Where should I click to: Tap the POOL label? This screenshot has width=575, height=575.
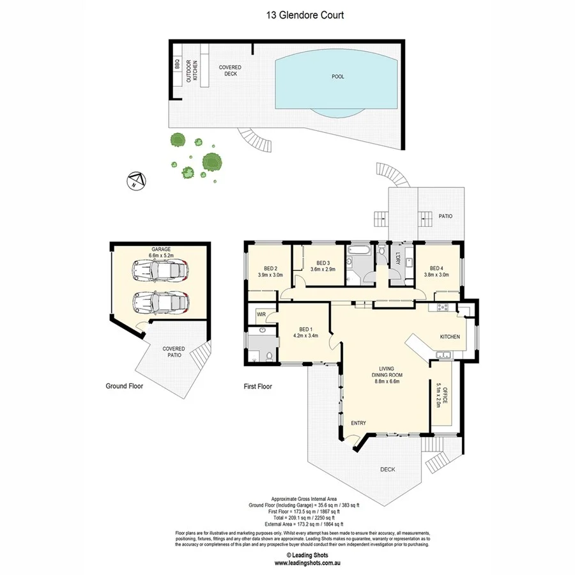[x=338, y=77]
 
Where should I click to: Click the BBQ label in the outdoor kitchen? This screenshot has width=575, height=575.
[x=177, y=65]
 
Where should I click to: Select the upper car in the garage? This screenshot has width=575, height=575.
[x=160, y=271]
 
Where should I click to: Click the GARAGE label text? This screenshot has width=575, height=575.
[x=160, y=249]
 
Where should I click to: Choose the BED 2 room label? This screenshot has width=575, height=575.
[x=270, y=268]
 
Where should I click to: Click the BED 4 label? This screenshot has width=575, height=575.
[x=437, y=268]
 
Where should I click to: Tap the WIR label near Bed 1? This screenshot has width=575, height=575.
[x=261, y=314]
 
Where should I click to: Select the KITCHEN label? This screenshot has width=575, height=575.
[x=450, y=336]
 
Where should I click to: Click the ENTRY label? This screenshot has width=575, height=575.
[x=358, y=422]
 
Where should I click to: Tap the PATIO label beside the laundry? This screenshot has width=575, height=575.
[x=445, y=216]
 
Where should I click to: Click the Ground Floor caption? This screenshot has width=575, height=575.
[x=124, y=386]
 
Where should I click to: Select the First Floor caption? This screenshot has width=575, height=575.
[x=257, y=386]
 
